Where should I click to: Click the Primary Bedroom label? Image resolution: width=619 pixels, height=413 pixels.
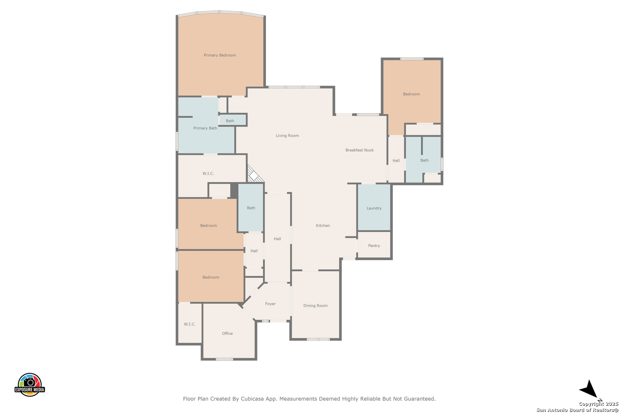click(220, 55)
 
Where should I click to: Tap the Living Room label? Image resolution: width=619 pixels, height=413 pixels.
click(287, 135)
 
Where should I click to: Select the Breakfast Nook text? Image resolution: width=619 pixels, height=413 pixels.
click(360, 150)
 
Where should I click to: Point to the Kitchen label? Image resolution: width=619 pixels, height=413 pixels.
click(323, 226)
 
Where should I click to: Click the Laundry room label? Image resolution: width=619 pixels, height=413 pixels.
click(374, 208)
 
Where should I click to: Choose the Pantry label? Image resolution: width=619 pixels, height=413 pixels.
click(374, 246)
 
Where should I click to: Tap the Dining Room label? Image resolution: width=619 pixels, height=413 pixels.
click(315, 306)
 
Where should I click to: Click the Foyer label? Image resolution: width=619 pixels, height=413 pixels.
click(270, 304)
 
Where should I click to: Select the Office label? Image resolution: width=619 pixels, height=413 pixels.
click(227, 333)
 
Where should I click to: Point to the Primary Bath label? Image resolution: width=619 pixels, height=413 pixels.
click(205, 128)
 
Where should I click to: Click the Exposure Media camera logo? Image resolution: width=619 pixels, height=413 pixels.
click(29, 385)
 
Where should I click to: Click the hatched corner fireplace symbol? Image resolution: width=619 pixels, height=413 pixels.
click(253, 175)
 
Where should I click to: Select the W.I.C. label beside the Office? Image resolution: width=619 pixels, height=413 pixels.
click(190, 324)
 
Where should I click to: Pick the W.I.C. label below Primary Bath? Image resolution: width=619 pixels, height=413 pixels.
click(208, 174)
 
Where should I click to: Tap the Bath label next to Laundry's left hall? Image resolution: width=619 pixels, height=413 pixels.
click(251, 208)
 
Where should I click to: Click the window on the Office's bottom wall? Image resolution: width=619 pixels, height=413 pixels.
click(224, 359)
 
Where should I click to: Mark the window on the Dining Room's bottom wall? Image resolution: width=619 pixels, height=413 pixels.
click(318, 340)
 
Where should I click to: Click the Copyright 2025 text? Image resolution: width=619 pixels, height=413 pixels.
click(598, 404)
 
